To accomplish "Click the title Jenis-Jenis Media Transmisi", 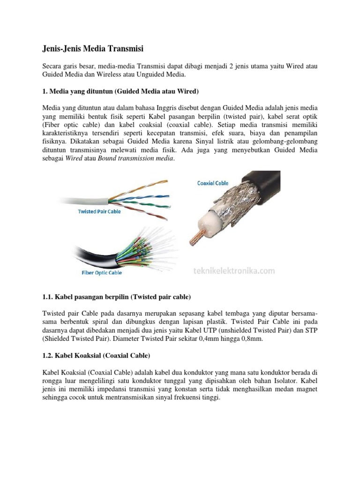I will pos(93,48).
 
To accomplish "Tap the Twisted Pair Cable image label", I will pos(99,211).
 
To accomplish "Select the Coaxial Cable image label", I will pos(213,183).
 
